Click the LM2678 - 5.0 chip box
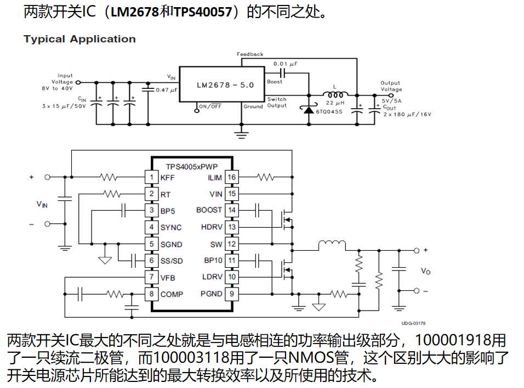221,85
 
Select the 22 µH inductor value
334,103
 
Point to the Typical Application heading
79,39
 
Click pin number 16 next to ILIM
231,177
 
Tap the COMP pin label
172,294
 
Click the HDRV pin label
212,227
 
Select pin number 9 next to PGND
231,294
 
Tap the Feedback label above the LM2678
250,54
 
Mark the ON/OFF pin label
210,106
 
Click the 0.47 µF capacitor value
167,89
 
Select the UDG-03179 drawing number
413,323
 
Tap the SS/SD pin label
172,261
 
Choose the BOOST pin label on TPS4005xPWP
209,210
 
